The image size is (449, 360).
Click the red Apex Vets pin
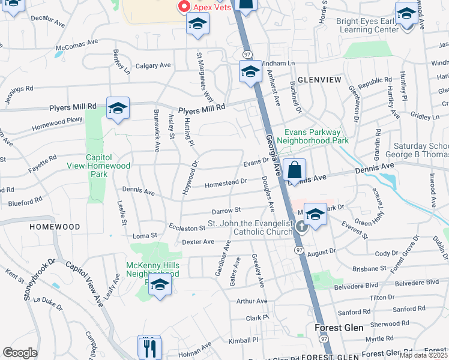[184, 7]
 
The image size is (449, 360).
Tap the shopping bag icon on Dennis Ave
[295, 171]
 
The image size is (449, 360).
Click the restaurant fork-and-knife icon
[149, 347]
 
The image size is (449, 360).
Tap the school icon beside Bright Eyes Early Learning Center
[406, 14]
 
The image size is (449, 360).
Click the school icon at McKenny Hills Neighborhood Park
[160, 286]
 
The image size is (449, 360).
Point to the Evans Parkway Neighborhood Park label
[316, 136]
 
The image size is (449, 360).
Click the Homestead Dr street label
[226, 182]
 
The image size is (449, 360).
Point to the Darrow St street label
[226, 211]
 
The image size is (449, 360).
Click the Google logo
[20, 353]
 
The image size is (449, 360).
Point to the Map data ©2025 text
[423, 355]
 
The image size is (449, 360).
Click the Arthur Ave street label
[252, 301]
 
